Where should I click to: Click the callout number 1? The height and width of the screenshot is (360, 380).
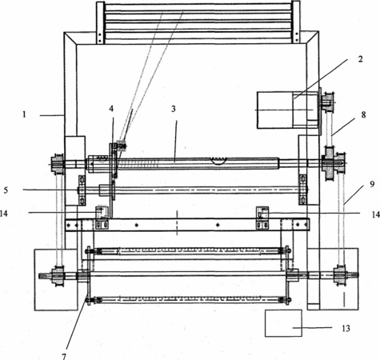click(x=25, y=114)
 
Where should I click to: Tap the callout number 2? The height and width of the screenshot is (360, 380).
click(x=360, y=59)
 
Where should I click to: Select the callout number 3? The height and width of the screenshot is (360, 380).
click(x=174, y=109)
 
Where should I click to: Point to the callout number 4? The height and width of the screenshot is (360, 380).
click(x=111, y=109)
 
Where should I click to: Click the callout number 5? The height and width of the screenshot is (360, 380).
click(x=6, y=190)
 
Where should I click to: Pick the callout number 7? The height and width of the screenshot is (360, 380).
click(x=64, y=356)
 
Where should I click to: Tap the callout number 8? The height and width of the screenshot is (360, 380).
click(x=363, y=115)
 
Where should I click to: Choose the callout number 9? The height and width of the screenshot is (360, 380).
click(x=372, y=184)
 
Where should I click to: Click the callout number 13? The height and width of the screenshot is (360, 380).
click(x=346, y=328)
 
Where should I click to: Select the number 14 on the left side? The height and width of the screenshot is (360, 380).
click(x=4, y=214)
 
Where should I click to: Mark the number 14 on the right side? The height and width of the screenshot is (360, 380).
click(x=376, y=214)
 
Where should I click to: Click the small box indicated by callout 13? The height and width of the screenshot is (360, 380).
click(x=283, y=323)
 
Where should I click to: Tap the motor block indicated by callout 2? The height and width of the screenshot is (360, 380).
click(x=288, y=110)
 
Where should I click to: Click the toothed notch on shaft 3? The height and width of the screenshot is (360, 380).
click(x=219, y=160)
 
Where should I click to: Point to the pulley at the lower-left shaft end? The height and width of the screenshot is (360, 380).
click(x=57, y=276)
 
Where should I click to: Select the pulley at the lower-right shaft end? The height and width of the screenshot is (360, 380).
click(x=340, y=275)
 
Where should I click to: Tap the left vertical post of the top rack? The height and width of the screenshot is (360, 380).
click(x=100, y=22)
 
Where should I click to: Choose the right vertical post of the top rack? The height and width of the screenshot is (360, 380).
click(x=296, y=22)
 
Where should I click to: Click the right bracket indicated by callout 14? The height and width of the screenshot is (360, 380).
click(x=262, y=218)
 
